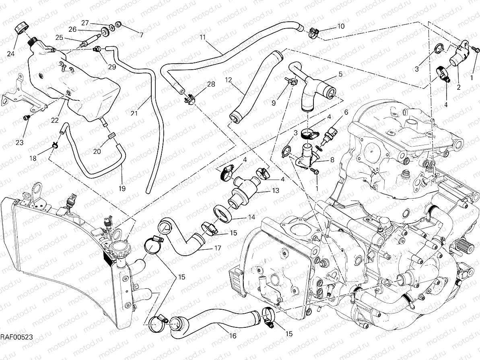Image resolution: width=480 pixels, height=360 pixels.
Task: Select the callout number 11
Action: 202,37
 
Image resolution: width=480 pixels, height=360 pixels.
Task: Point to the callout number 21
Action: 134,114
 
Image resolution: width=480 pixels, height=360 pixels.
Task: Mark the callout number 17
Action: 217,248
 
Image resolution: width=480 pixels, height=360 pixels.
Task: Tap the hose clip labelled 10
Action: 315,32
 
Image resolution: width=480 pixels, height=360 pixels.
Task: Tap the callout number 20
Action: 97,152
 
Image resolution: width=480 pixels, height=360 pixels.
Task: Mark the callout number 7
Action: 141,35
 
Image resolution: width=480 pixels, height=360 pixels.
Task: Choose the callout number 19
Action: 122,188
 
